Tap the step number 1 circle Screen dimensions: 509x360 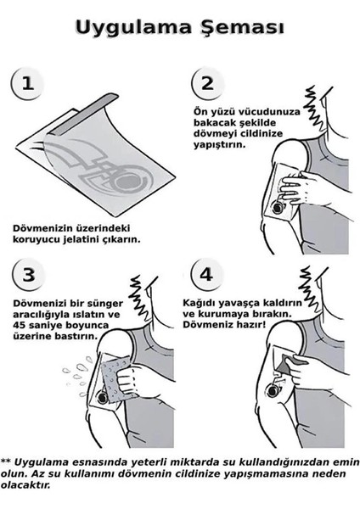[30, 85]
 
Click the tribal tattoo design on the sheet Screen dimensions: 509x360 [98, 169]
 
